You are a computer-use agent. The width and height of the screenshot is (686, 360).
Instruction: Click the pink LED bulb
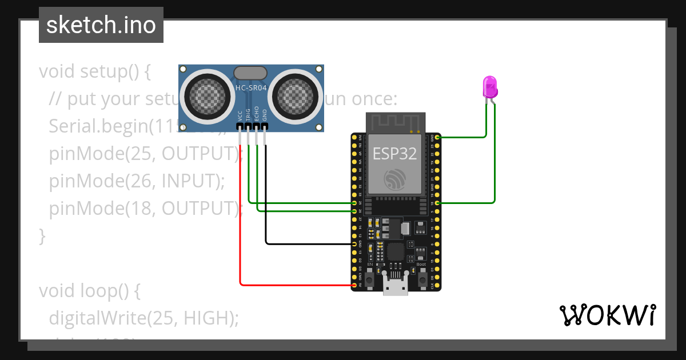[x=490, y=86]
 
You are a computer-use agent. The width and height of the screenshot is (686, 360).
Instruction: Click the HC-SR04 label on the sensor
[x=251, y=88]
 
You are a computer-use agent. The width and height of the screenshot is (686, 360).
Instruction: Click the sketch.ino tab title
[x=101, y=25]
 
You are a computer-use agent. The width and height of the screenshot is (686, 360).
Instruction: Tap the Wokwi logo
[x=607, y=315]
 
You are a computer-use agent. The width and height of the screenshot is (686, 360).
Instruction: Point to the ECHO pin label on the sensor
[x=257, y=113]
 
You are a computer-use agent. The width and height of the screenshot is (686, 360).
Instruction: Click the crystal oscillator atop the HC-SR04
[x=250, y=73]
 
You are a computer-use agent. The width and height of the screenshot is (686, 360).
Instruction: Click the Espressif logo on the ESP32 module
[x=395, y=179]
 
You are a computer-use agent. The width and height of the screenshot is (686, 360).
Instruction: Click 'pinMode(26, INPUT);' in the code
[x=137, y=181]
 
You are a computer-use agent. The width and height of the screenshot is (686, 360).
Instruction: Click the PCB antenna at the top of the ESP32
[x=395, y=122]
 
